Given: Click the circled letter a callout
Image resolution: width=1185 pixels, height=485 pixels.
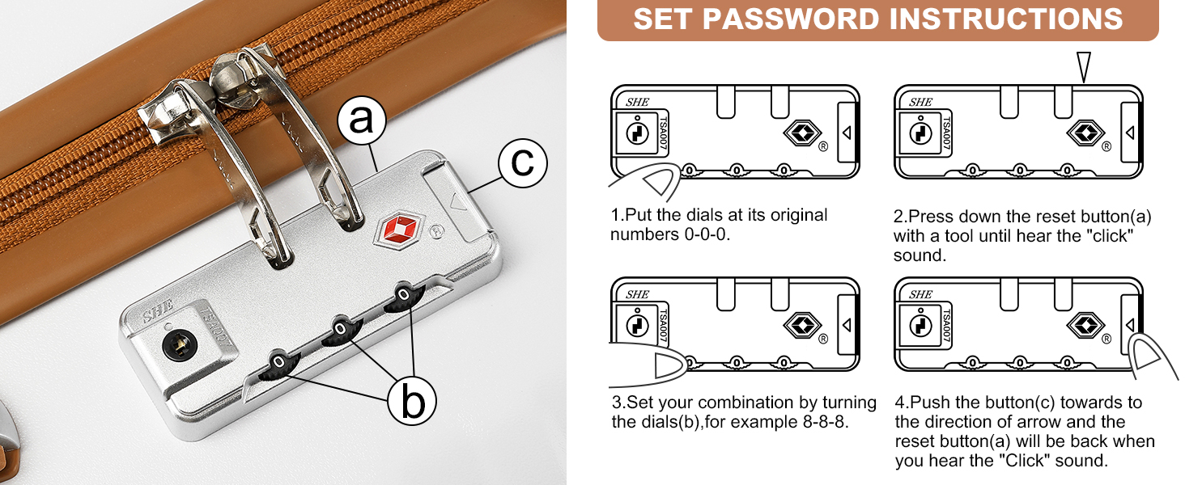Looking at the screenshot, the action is tap(362, 120).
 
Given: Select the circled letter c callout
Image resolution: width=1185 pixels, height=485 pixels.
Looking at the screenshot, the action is tap(523, 162).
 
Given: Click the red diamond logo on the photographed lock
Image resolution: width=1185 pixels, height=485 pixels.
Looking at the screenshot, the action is tap(401, 230).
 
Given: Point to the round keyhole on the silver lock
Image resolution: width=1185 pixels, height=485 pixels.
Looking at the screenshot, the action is tap(180, 345).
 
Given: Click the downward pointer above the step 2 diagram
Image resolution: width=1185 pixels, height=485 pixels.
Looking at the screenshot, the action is tap(1084, 67).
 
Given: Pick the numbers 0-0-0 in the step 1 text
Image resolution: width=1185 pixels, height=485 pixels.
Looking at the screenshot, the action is tap(707, 234).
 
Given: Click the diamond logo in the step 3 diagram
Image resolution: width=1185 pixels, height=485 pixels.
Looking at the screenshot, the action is tap(802, 325).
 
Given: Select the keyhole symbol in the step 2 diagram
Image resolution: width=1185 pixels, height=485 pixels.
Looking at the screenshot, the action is tap(920, 133).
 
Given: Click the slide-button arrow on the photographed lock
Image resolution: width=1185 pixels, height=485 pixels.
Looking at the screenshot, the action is tap(458, 201).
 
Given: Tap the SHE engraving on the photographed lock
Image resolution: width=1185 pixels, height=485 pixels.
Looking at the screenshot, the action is tap(158, 310).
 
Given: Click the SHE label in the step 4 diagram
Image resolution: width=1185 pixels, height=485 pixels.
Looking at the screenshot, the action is tap(920, 294).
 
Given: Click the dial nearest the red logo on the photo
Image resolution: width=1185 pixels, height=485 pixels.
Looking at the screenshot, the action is tap(404, 297).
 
